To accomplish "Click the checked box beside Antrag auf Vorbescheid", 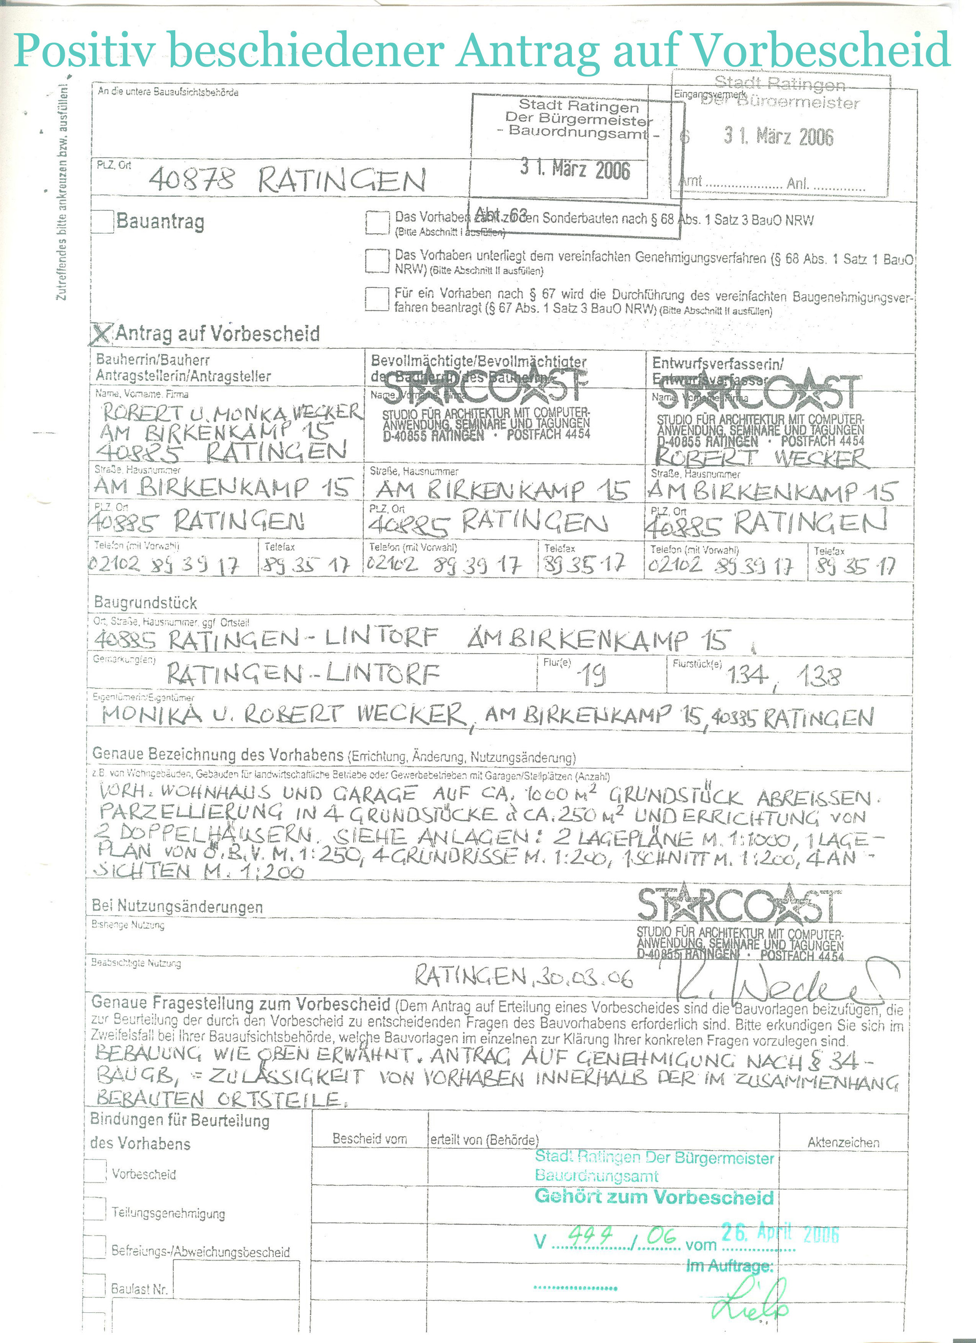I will pos(101,334).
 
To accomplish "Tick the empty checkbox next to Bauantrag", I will pos(102,221).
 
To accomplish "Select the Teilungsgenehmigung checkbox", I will pos(95,1208).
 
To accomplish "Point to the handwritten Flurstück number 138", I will pos(818,676).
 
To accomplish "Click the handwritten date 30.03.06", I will pos(583,978).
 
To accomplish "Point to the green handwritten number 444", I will pos(590,1235).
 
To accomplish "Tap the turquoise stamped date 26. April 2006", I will pos(780,1233).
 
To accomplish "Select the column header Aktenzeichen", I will pos(843,1143).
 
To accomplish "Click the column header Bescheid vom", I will pos(369,1139).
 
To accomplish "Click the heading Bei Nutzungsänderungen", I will pos(177,906).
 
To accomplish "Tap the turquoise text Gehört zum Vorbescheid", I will pos(654,1197).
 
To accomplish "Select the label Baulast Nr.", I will pos(139,1289).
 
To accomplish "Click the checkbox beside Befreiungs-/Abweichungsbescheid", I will pos(95,1247).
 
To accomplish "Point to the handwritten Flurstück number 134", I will pos(747,675).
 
